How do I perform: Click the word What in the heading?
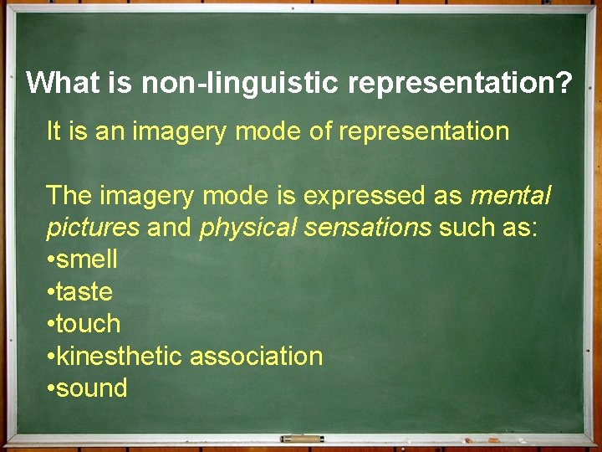tap(62, 83)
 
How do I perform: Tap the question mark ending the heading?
tap(564, 83)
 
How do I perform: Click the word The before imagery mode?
tap(69, 196)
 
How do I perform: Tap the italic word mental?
tap(511, 196)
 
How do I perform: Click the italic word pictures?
tap(93, 228)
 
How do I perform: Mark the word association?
tap(256, 357)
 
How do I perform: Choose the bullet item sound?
tap(91, 388)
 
